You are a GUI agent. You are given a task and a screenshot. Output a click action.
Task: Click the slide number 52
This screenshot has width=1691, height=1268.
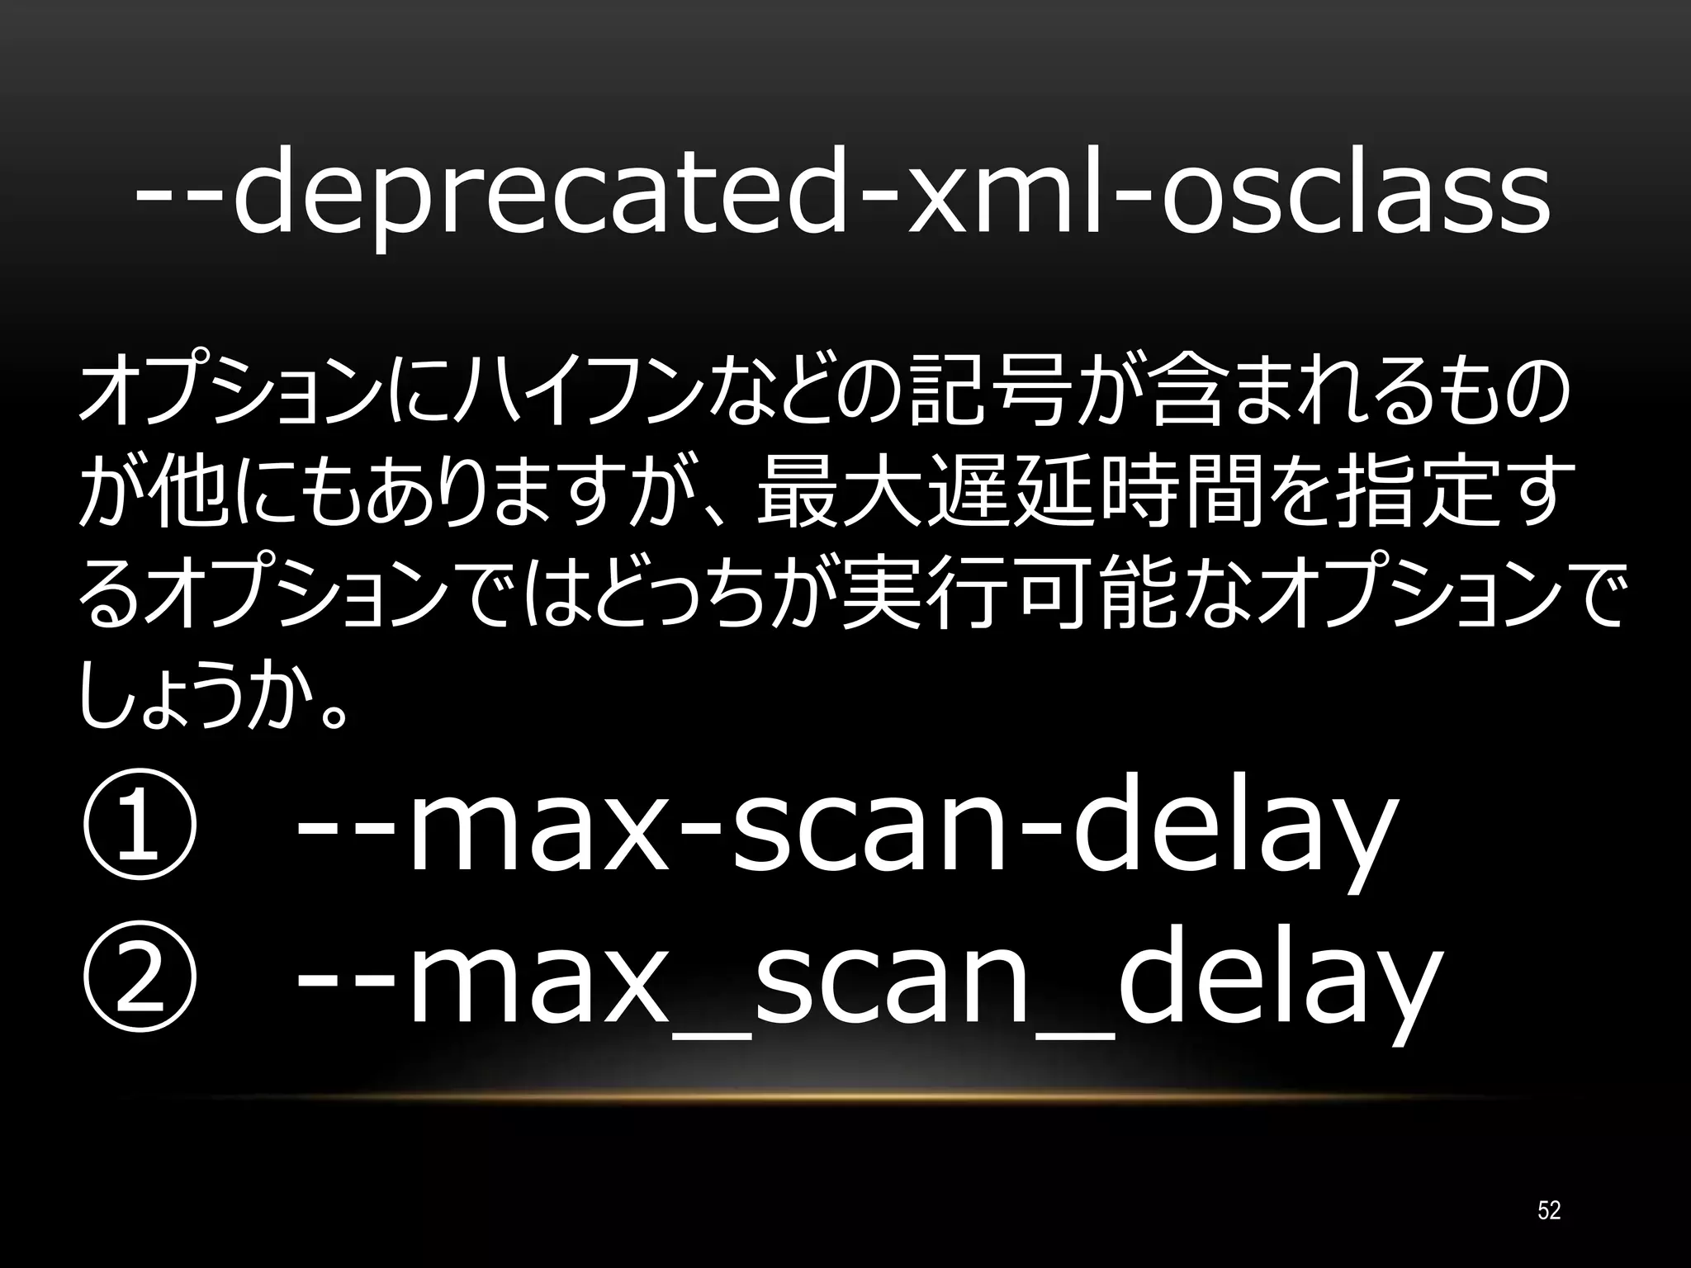(1549, 1210)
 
